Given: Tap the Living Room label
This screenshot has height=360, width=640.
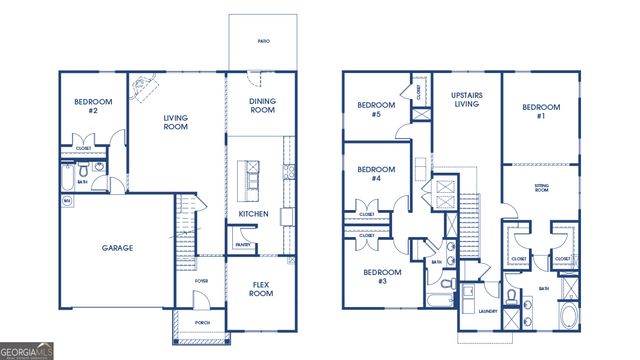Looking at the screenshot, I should [x=176, y=123].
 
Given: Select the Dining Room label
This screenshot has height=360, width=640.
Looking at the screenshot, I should [x=262, y=106].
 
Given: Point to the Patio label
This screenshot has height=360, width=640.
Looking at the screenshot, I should [x=264, y=42].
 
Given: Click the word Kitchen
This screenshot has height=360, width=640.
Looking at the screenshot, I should [x=253, y=214].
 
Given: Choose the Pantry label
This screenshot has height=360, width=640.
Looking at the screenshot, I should [x=243, y=244].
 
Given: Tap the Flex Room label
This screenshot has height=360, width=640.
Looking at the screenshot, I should [x=261, y=288].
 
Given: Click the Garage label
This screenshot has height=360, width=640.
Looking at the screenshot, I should [x=117, y=248].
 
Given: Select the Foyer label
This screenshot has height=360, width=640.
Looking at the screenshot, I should [x=202, y=281].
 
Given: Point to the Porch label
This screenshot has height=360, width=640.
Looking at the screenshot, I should [x=202, y=322].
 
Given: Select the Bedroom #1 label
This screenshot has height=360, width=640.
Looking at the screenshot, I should [x=541, y=111].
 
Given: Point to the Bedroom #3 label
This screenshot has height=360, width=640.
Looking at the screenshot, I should [x=381, y=277].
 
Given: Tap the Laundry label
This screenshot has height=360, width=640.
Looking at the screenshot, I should [x=489, y=311].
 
